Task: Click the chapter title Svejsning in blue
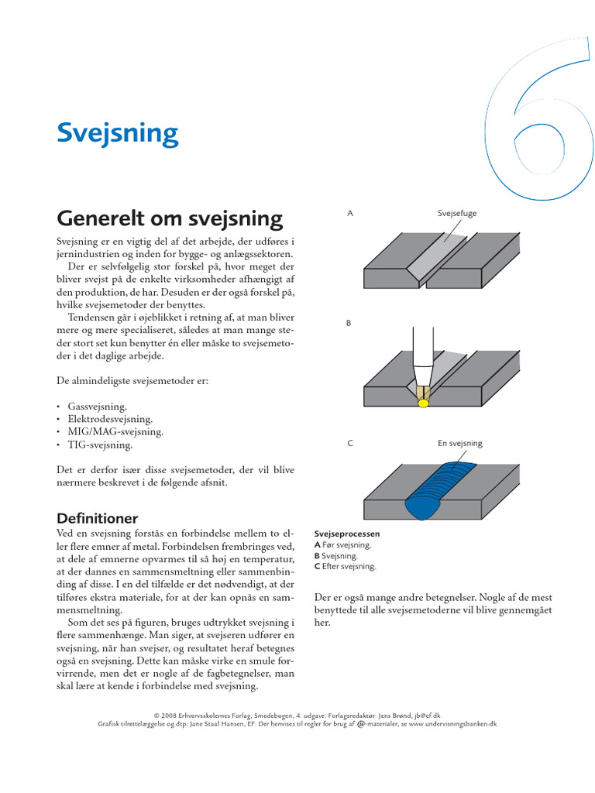click(x=118, y=134)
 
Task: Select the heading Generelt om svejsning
click(x=170, y=218)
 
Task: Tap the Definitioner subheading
click(x=98, y=518)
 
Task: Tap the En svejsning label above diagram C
click(x=459, y=444)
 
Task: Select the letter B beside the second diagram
click(x=349, y=323)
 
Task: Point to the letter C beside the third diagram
click(x=350, y=444)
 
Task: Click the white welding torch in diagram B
click(x=422, y=356)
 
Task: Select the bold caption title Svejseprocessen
click(x=346, y=534)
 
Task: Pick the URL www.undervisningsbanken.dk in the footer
click(x=452, y=724)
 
